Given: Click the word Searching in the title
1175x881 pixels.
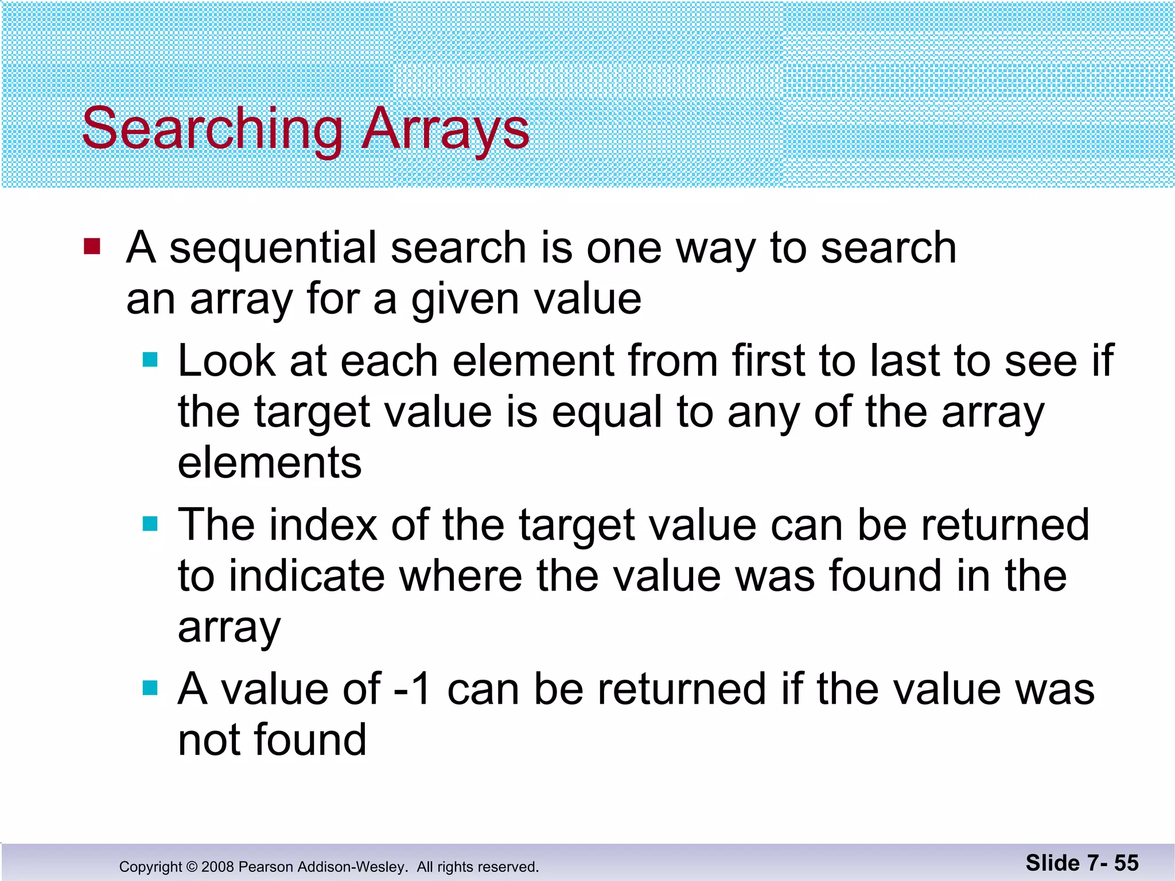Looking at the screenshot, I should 212,130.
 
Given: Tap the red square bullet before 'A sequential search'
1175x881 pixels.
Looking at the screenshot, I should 92,247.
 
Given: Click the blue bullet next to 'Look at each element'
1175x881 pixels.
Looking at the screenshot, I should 150,360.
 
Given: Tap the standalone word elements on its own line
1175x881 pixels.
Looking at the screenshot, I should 270,463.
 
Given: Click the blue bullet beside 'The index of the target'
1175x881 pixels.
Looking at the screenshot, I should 150,524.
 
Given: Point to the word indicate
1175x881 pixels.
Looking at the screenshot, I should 306,576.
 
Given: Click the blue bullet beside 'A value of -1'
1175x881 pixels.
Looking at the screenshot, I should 150,688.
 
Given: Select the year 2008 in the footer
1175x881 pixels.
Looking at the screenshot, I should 218,867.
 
